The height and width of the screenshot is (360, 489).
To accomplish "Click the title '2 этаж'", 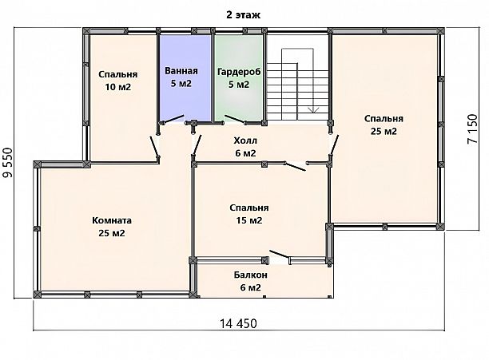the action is point(243,15).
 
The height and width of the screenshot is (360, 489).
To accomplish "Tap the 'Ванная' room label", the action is point(181,71).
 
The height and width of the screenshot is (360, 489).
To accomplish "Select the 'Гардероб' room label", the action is point(239,72).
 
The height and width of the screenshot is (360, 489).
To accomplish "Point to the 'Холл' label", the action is point(245,140).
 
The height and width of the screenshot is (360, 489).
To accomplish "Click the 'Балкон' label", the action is point(250,275).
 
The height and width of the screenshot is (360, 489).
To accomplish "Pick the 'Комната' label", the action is point(112,220).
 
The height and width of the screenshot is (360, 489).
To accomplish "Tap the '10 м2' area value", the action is point(118,87).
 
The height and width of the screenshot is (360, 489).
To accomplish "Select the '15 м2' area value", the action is point(249,220).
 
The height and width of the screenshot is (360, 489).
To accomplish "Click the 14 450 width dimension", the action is point(239,323).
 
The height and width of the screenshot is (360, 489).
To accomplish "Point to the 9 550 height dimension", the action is point(8,163).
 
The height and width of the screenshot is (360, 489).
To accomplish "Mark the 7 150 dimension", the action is point(472,129).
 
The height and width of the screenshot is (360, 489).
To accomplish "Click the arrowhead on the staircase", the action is point(313,109).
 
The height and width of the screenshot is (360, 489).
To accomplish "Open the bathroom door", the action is point(172,119).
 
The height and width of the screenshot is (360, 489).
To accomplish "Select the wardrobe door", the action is point(235,119).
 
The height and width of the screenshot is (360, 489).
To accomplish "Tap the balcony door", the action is point(280,255).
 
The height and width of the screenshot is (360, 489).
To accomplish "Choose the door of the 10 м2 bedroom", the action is point(154,146).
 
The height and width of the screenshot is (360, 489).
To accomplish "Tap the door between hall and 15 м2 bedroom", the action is point(295,166).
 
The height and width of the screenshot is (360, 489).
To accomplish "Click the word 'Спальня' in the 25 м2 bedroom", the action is point(384,119).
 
